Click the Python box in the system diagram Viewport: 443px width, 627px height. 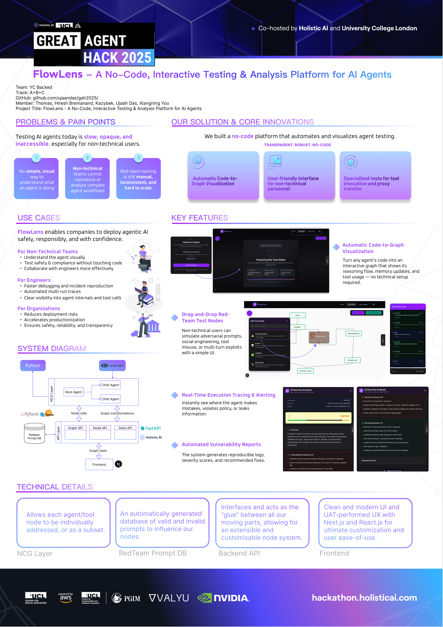click(x=33, y=365)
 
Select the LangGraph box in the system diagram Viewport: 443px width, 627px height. click(x=112, y=365)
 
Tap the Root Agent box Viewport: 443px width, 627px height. click(x=73, y=392)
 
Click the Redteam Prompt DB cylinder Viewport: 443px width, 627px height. click(x=34, y=434)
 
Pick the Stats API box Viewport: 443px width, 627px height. click(x=125, y=428)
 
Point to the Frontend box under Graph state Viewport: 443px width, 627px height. click(x=99, y=465)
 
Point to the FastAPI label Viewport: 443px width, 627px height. click(x=151, y=428)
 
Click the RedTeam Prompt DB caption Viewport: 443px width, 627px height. click(x=153, y=553)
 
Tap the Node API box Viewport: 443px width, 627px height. click(x=100, y=428)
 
